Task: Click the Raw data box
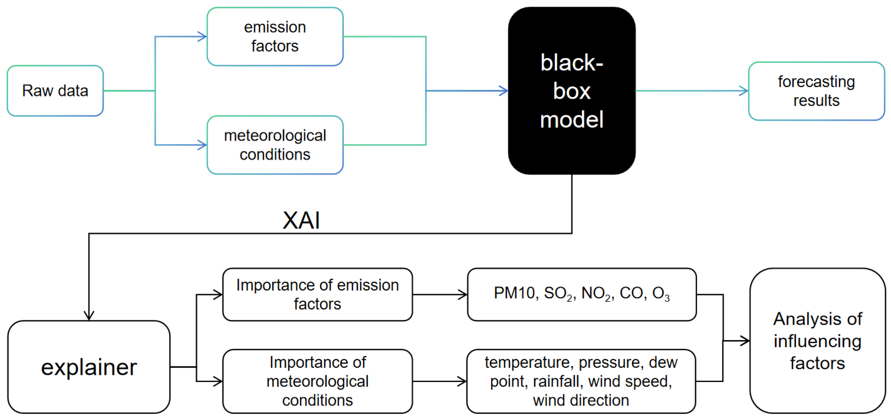(55, 90)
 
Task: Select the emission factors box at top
(275, 37)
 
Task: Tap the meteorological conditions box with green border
(275, 145)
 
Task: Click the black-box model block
(572, 90)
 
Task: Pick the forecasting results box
(816, 91)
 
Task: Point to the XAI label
(301, 220)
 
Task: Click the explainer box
(89, 367)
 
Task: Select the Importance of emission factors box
(317, 295)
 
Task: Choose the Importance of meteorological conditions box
(317, 381)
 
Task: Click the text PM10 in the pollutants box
(514, 293)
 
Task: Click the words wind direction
(581, 400)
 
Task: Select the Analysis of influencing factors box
(817, 341)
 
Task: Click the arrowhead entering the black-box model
(504, 90)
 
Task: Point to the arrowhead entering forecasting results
(744, 91)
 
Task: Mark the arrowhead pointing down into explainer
(89, 315)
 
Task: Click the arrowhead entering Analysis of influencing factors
(745, 341)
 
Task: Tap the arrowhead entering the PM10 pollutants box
(462, 295)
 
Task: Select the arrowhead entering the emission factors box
(202, 37)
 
